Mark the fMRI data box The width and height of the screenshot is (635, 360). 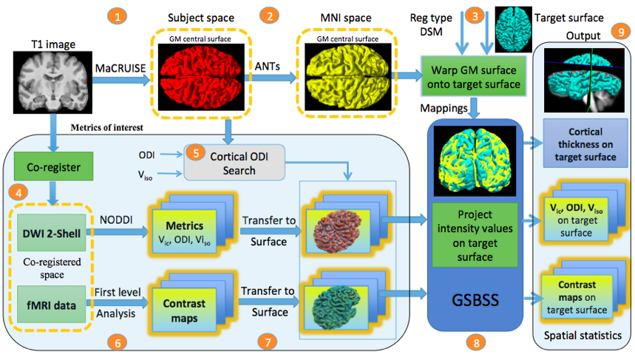click(x=49, y=302)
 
